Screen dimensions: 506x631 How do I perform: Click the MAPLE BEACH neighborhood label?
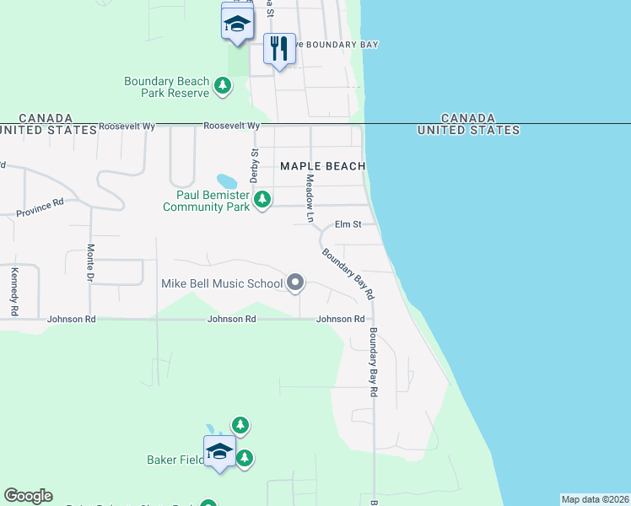tap(322, 166)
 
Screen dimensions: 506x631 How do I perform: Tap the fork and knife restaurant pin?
tap(279, 49)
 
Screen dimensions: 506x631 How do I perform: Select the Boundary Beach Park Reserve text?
tap(166, 87)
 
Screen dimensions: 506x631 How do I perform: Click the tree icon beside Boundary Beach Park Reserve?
tap(223, 85)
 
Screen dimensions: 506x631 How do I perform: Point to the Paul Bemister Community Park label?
tap(206, 200)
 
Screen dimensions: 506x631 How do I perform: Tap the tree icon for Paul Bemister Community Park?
tap(263, 200)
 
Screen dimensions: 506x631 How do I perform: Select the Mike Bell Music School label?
tap(222, 283)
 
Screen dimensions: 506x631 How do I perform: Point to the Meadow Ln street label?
tap(310, 199)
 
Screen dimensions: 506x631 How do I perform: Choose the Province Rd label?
tap(40, 207)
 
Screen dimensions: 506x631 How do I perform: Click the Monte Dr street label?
tap(90, 262)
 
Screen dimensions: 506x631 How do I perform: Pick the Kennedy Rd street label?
tap(14, 292)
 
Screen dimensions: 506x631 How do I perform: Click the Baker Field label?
tap(173, 460)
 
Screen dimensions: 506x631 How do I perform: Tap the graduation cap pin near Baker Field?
tap(219, 452)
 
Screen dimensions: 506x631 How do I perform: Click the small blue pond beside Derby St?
tap(226, 181)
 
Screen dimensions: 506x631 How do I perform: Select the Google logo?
tap(28, 496)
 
